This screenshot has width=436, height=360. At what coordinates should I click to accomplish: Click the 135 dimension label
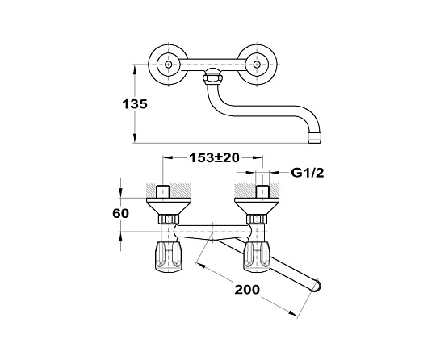tap(135, 104)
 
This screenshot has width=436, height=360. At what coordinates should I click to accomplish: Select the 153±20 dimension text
tap(214, 158)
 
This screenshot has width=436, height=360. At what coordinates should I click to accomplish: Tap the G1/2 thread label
tap(308, 173)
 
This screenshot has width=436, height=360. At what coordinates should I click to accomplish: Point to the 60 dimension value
tap(120, 214)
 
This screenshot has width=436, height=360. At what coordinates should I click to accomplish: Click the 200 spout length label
tap(247, 290)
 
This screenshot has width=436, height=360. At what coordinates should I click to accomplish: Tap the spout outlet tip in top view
tap(315, 138)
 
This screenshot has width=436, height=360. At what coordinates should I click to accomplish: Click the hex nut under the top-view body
tap(212, 77)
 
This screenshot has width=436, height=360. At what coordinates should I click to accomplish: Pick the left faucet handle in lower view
tap(168, 257)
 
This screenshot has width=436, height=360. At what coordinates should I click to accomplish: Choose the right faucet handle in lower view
tap(258, 257)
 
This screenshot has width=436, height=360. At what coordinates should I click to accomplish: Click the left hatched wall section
tap(168, 190)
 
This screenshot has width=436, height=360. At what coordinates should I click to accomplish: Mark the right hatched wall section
tap(258, 190)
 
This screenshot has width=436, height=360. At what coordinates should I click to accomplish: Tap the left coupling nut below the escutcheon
tap(168, 219)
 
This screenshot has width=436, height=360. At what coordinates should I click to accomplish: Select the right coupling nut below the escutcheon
tap(258, 219)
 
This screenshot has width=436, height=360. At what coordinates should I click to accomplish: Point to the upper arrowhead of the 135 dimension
tap(135, 69)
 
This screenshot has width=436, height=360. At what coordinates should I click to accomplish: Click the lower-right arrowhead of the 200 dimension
tap(293, 313)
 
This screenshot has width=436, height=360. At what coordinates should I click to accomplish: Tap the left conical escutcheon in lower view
tap(168, 206)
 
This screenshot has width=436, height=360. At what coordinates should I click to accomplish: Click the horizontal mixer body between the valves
tap(212, 231)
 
